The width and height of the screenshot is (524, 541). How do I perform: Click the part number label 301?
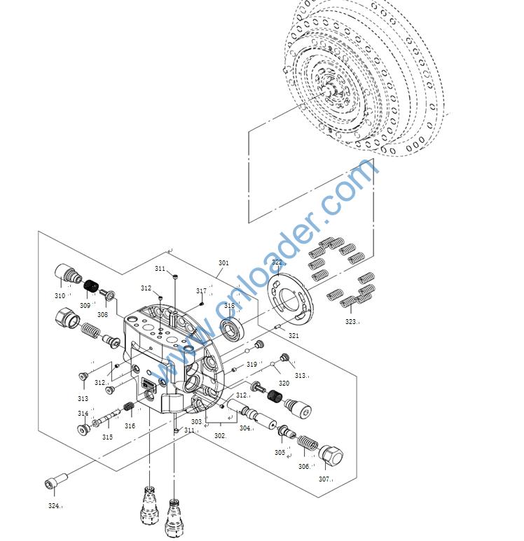(x=223, y=263)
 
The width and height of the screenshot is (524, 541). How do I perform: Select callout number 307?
(x=324, y=479)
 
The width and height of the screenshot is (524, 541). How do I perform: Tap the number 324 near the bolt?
(x=54, y=505)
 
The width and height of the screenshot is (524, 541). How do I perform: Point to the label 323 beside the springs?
(x=350, y=322)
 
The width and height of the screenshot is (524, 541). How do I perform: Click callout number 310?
(x=60, y=296)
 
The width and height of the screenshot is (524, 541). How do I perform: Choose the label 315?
(x=107, y=437)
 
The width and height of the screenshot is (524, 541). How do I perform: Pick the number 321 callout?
(x=294, y=336)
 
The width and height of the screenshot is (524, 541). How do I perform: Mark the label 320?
(x=284, y=384)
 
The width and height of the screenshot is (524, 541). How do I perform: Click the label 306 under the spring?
(x=304, y=466)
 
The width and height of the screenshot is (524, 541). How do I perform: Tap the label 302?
(x=219, y=436)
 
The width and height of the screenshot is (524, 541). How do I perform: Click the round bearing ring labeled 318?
(x=233, y=328)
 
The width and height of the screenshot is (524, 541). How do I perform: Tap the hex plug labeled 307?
(x=331, y=457)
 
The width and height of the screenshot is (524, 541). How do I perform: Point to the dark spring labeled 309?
(x=89, y=287)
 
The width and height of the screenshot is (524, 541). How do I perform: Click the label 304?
(x=244, y=428)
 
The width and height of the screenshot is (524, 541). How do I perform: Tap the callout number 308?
(x=103, y=315)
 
